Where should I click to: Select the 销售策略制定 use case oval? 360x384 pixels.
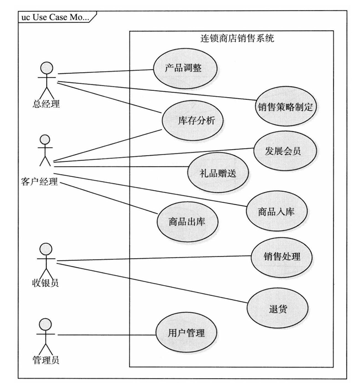tap(285, 106)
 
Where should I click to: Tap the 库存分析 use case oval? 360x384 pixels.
tap(190, 121)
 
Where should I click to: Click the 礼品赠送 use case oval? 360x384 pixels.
tap(217, 174)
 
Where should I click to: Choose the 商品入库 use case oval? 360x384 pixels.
tap(276, 211)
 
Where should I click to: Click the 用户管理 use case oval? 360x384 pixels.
tap(178, 334)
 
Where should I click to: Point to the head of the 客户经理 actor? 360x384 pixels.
tap(45, 140)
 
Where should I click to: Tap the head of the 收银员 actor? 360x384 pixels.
tap(46, 249)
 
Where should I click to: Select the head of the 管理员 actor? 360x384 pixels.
tap(46, 325)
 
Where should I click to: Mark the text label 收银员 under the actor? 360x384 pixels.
tap(46, 283)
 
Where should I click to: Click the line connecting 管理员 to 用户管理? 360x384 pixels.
tap(106, 335)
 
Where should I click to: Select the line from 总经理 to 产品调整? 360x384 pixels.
tap(104, 71)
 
